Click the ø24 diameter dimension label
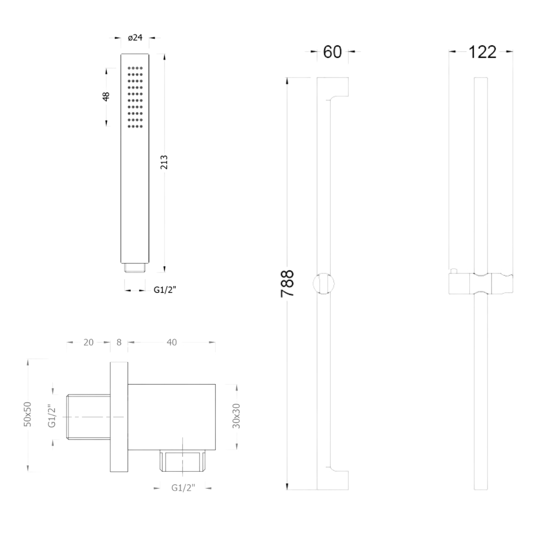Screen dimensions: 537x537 (x=135, y=38)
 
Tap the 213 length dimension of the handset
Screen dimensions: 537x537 (x=164, y=162)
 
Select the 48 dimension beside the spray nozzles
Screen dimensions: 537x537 (x=106, y=97)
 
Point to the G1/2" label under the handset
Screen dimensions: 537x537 (x=165, y=290)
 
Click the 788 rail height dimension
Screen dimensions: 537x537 (x=287, y=284)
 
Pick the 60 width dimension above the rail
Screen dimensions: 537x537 (x=332, y=52)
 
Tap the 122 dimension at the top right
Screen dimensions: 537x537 (x=482, y=52)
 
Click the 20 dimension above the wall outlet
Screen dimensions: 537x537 (x=88, y=342)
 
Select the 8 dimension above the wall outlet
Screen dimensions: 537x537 (x=119, y=342)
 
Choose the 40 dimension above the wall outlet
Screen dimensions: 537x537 (x=172, y=342)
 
